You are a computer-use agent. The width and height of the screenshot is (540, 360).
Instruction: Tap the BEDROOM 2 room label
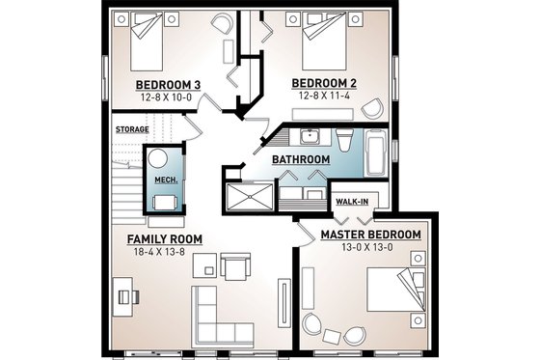[x=327, y=83]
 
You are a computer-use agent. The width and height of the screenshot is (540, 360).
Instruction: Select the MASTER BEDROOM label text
[x=370, y=235]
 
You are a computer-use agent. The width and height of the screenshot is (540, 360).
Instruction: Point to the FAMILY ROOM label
[x=161, y=238]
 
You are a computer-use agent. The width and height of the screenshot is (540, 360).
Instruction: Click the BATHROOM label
[x=301, y=159]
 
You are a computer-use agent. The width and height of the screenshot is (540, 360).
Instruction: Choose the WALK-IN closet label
[x=351, y=202]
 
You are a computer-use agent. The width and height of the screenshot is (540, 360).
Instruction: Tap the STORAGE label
[x=132, y=127]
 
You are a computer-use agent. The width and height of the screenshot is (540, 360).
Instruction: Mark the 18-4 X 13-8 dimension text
[x=161, y=252]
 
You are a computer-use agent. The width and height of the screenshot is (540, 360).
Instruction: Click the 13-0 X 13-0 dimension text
[x=370, y=248]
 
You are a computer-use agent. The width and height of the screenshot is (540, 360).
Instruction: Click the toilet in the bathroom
[x=347, y=136]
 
